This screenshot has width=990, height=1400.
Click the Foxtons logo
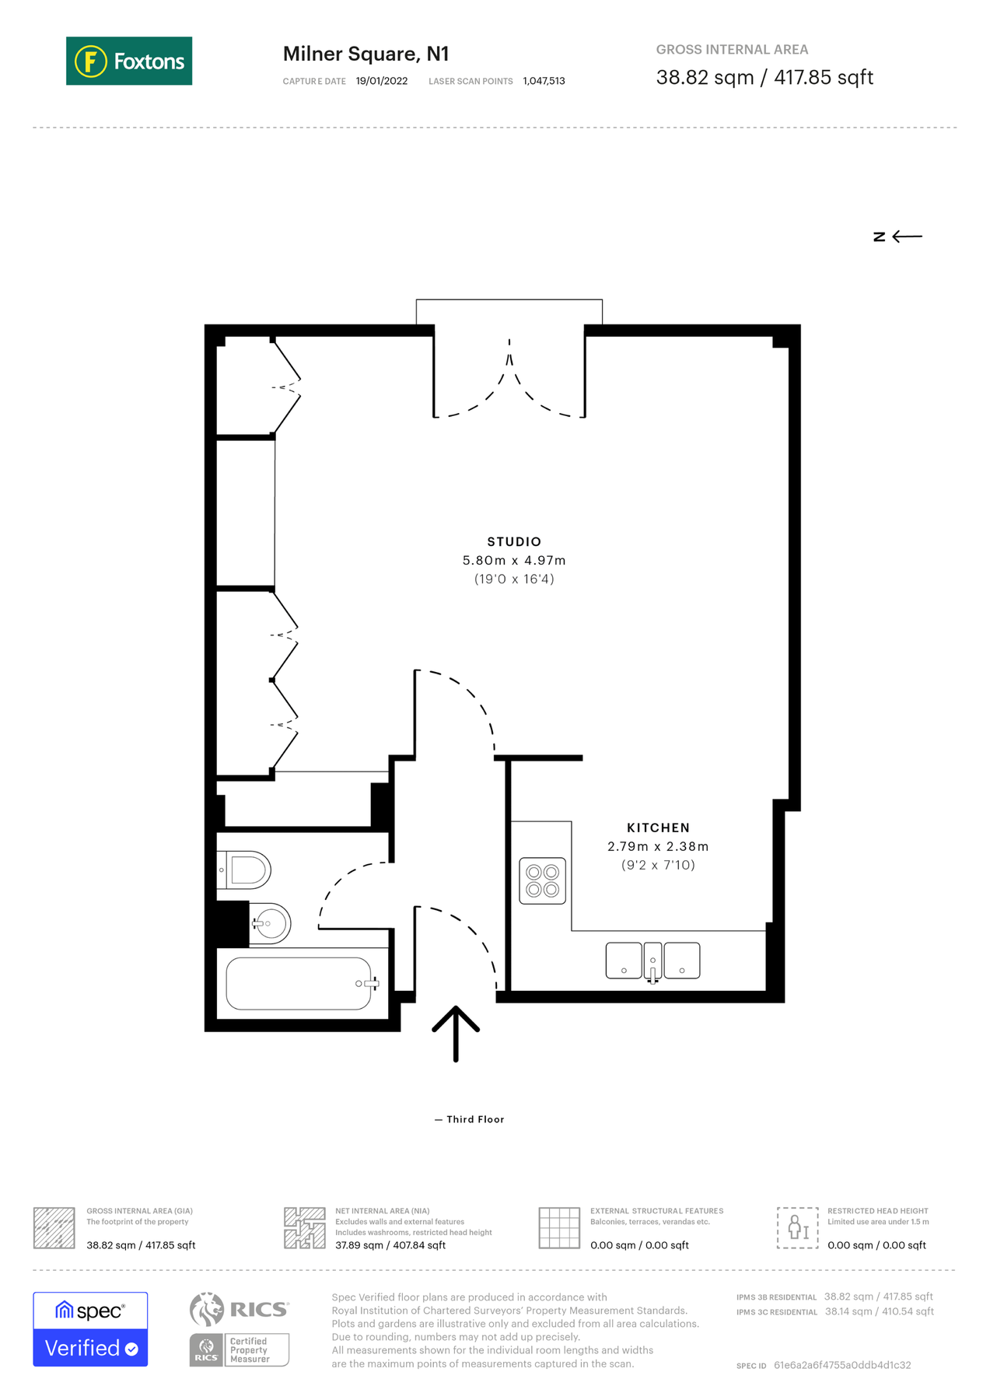pyautogui.click(x=129, y=61)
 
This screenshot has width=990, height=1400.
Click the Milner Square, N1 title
pyautogui.click(x=366, y=54)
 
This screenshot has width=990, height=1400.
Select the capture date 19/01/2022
pyautogui.click(x=381, y=81)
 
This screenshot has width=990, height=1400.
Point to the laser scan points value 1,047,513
pyautogui.click(x=544, y=81)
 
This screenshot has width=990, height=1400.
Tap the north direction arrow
pyautogui.click(x=906, y=236)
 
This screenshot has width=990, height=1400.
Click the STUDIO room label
pyautogui.click(x=514, y=541)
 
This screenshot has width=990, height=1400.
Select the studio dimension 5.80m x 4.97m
pyautogui.click(x=514, y=560)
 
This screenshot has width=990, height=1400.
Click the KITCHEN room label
pyautogui.click(x=658, y=828)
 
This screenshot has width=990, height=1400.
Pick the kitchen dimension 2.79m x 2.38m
pyautogui.click(x=658, y=846)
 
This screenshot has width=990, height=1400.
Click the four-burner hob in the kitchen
pyautogui.click(x=543, y=881)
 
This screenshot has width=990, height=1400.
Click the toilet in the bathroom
pyautogui.click(x=246, y=870)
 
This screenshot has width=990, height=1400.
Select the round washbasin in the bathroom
pyautogui.click(x=271, y=923)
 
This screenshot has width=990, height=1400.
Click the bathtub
pyautogui.click(x=299, y=983)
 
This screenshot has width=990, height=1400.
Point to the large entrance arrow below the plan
pyautogui.click(x=456, y=1033)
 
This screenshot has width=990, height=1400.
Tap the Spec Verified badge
pyautogui.click(x=90, y=1329)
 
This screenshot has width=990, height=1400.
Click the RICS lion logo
pyautogui.click(x=207, y=1309)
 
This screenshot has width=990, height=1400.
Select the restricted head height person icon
pyautogui.click(x=797, y=1228)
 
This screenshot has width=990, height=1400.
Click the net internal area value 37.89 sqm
pyautogui.click(x=390, y=1245)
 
